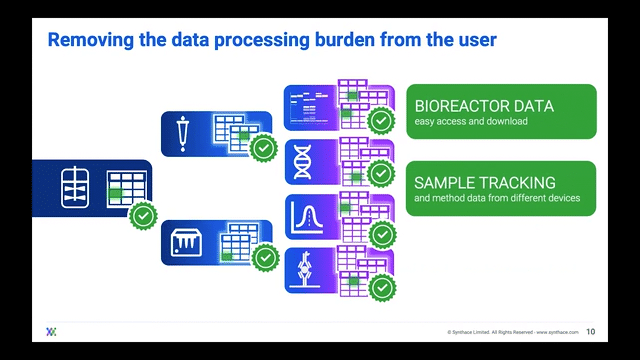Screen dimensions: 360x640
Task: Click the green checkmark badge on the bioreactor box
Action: tap(143, 215)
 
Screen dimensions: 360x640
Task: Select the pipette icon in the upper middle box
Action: tap(183, 132)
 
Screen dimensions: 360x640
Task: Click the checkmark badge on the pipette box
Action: tap(264, 150)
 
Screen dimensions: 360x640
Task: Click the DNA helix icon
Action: tap(303, 160)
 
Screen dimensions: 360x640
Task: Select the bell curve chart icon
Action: tap(303, 215)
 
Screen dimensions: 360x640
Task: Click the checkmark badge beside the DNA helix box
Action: tap(381, 175)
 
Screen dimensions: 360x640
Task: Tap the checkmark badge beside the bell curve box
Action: tap(381, 234)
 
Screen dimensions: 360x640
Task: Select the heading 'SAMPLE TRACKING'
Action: tap(485, 183)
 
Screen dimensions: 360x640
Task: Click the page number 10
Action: tap(590, 332)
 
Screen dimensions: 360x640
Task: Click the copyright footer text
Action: tap(511, 332)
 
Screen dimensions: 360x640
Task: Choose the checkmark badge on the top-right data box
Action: tap(381, 121)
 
